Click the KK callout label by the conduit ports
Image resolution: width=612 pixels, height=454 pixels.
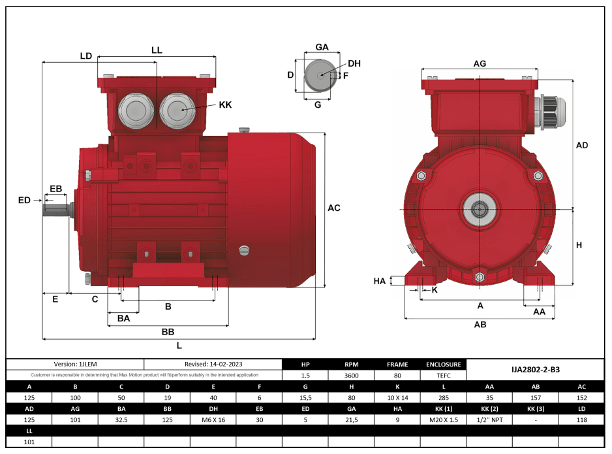tap(224, 105)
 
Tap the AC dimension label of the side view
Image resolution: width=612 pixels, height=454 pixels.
tap(333, 208)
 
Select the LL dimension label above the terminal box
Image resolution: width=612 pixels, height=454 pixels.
tap(157, 50)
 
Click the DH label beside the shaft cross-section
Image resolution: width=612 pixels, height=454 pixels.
tap(354, 63)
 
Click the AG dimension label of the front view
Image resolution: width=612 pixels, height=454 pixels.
tap(480, 63)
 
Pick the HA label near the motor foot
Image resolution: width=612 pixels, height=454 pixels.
tap(380, 281)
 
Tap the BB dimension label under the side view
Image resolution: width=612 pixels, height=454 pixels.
tap(168, 332)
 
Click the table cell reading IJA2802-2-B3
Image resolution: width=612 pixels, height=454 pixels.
tap(535, 370)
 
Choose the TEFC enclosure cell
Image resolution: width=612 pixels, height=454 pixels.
tap(443, 376)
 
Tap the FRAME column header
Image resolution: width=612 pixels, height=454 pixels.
tap(397, 365)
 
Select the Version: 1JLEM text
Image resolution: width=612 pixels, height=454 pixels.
tap(75, 365)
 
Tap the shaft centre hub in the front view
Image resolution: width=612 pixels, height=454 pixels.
tap(480, 209)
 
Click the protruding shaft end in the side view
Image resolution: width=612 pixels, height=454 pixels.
tap(56, 209)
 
